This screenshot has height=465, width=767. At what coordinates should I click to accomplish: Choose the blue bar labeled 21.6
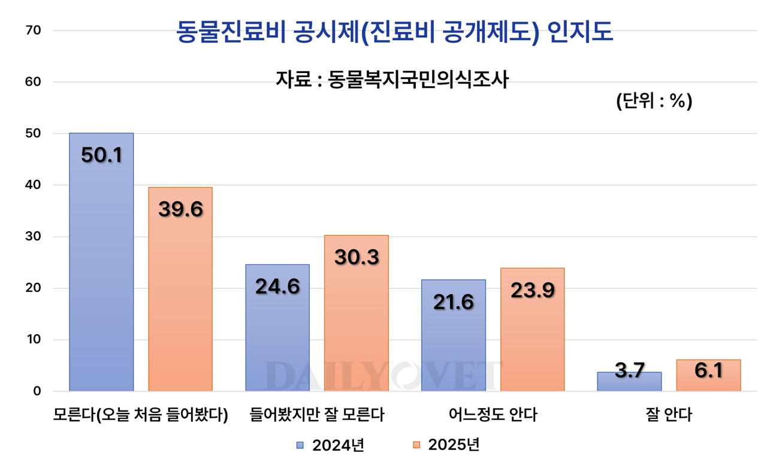pos(454,336)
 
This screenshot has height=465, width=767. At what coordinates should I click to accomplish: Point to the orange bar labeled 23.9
pos(533,330)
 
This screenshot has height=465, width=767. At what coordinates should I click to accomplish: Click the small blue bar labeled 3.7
pos(629,382)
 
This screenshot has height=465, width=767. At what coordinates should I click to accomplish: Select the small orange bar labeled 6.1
pos(708,376)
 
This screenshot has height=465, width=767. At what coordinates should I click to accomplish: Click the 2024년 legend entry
pos(331,445)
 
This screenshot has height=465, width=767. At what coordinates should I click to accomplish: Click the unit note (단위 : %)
pos(654,101)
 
